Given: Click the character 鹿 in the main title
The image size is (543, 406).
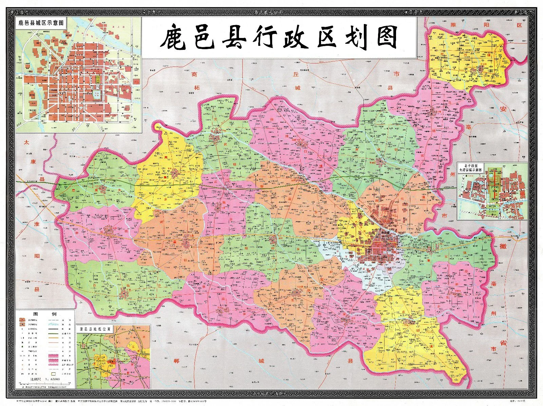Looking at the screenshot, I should (x=174, y=38).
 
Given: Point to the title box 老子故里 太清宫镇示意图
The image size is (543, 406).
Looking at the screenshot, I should (x=471, y=168).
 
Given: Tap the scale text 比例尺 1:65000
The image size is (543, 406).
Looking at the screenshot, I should (x=45, y=379).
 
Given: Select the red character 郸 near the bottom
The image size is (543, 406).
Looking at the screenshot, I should (x=175, y=361).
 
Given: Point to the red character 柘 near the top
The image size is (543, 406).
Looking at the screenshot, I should (x=197, y=88).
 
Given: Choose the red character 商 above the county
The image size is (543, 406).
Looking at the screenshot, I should (x=194, y=74).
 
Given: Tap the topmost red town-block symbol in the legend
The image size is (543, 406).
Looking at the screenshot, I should (x=22, y=320).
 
